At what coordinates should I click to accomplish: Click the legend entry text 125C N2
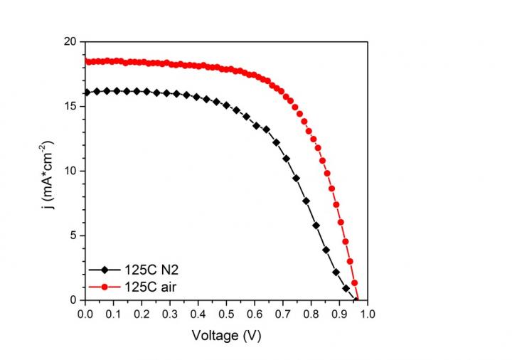140,270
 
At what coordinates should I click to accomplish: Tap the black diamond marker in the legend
105,270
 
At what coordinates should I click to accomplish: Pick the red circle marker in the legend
105,287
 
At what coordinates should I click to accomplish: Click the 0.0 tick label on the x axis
85,312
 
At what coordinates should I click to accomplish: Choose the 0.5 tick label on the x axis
226,312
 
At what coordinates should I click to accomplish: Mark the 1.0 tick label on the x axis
368,312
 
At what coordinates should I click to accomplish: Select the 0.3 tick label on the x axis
169,312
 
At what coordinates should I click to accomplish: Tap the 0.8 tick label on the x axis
311,312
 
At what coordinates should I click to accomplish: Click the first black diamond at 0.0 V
85,92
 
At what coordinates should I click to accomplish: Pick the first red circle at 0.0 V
85,61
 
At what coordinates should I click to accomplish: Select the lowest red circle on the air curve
356,299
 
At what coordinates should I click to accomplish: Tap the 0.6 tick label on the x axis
255,312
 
